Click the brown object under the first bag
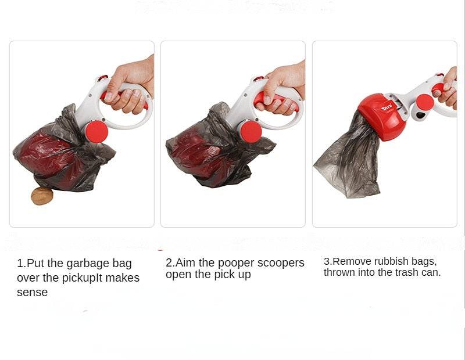[42, 196]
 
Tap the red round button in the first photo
[96, 132]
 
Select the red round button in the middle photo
[251, 131]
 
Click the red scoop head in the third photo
[381, 116]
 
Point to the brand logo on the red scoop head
[387, 107]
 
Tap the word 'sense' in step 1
[32, 293]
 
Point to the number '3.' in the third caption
[327, 262]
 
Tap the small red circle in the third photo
[425, 102]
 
